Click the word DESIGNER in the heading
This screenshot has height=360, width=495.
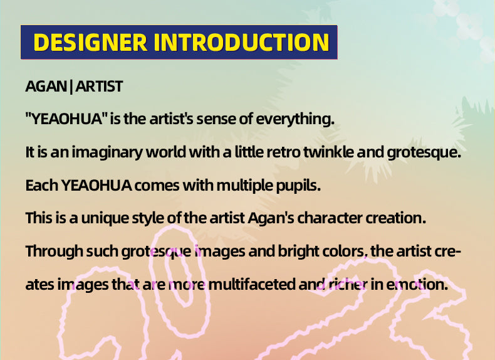tap(90, 42)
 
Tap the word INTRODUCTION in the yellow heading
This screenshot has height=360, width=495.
tap(241, 42)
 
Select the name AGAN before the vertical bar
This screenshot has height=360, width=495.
tap(46, 87)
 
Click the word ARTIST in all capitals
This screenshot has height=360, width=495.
tap(99, 87)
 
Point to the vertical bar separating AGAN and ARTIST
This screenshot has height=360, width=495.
tap(71, 87)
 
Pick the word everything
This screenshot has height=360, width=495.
tap(295, 119)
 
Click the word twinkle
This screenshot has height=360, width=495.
tap(328, 152)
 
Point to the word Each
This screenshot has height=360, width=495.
tap(42, 185)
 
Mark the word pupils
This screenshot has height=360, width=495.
tap(298, 186)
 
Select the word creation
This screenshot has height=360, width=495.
tap(395, 218)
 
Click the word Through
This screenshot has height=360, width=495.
tap(54, 252)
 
